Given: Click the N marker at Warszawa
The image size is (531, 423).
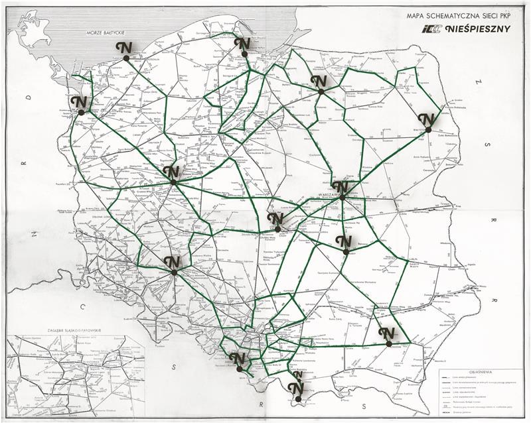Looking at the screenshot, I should pos(340,188).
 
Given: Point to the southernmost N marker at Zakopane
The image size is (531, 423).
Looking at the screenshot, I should pos(297,388).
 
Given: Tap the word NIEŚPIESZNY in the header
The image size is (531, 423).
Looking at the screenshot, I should pos(479,29).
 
